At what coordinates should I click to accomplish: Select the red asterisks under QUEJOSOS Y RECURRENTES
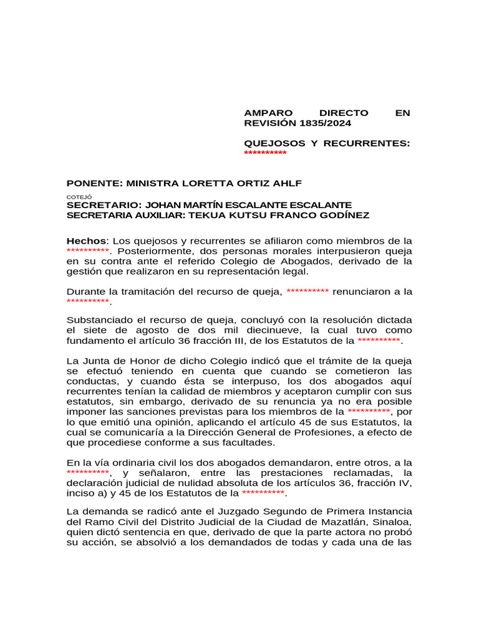(265, 153)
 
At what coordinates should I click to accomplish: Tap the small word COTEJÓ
(75, 196)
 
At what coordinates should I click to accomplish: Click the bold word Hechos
(87, 240)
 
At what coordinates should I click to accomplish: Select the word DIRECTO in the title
(344, 113)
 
